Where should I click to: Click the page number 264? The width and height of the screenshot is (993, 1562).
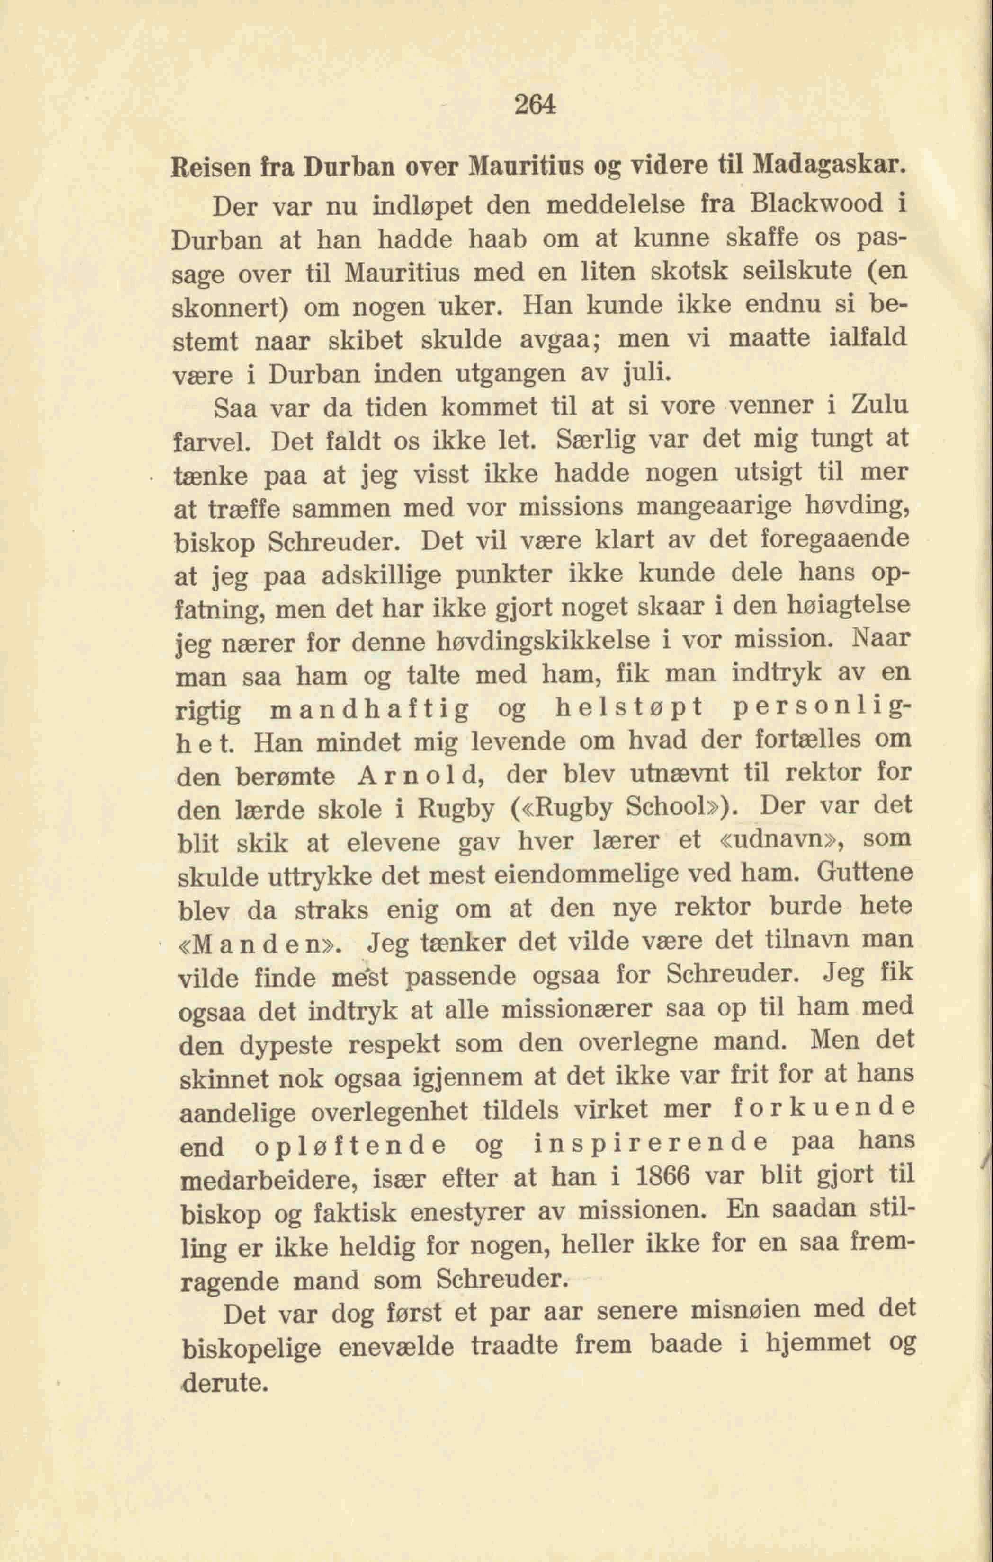535,104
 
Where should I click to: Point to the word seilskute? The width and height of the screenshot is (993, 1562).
789,271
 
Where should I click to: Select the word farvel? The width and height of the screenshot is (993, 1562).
211,442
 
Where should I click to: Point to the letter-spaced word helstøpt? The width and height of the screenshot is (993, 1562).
629,708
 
